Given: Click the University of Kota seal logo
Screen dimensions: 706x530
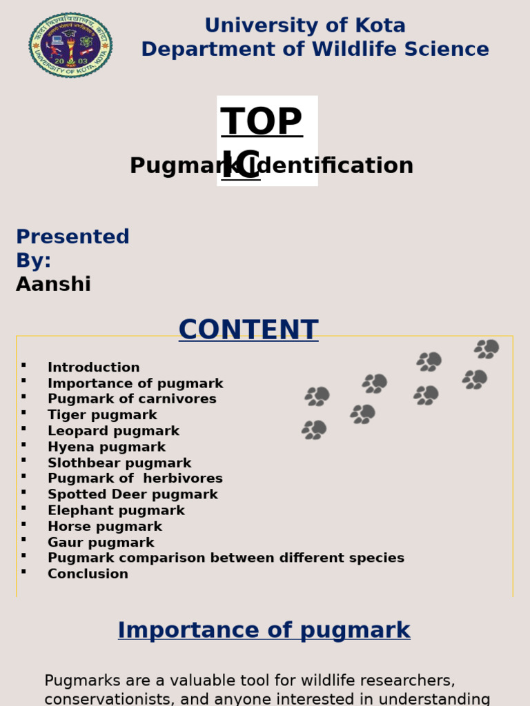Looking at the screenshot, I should [70, 45].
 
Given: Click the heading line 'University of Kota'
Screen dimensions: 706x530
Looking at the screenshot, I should [305, 26].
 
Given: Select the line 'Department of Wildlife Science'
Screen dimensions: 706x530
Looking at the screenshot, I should [315, 50].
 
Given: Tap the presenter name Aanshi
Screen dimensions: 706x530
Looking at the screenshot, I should [53, 284].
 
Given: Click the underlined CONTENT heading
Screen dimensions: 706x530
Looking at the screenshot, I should [248, 330].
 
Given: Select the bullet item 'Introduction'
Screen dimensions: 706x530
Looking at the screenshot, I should [93, 367].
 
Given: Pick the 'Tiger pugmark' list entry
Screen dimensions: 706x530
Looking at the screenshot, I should [102, 415].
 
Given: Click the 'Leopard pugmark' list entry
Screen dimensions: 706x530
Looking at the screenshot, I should [113, 431].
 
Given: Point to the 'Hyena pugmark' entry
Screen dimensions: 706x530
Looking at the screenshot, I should [106, 447].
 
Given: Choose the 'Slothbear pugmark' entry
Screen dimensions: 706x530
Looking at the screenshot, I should [119, 463].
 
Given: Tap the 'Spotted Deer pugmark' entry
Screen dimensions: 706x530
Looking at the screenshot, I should [132, 494].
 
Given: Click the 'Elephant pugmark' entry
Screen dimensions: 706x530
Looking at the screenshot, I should [116, 511].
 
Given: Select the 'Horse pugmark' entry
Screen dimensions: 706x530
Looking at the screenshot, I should [105, 527].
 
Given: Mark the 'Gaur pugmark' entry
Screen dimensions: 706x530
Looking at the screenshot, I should [101, 543].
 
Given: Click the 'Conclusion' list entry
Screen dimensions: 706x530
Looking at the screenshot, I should [88, 574].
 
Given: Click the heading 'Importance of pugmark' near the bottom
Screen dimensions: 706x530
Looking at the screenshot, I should [264, 630].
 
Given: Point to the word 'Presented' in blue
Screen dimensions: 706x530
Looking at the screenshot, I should [72, 236].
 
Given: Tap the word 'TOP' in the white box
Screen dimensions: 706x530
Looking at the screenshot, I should [262, 122].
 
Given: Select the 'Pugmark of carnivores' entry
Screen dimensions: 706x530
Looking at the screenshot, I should [132, 399].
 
